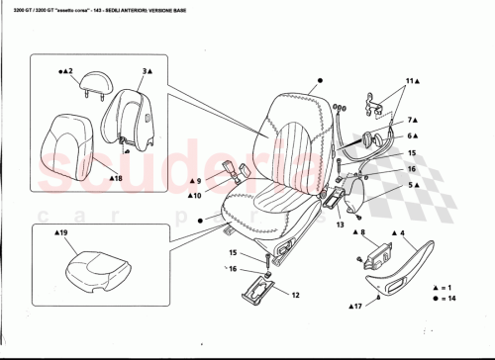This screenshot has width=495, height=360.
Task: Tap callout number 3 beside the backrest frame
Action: (x=146, y=72)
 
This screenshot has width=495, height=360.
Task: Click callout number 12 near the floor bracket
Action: (x=294, y=294)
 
